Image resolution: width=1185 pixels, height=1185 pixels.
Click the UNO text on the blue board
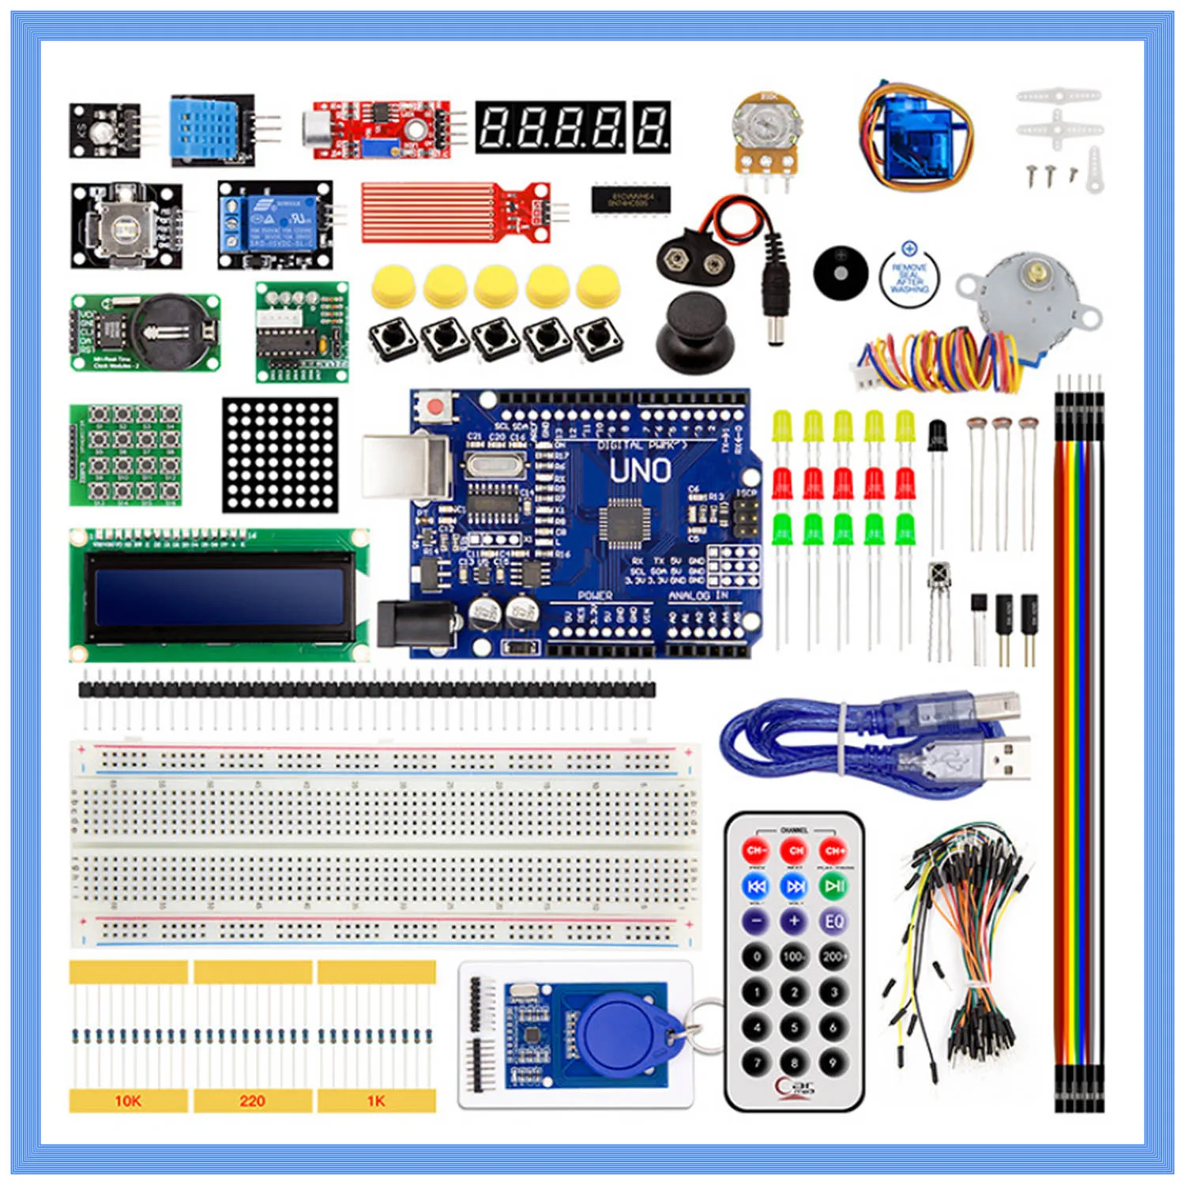pyautogui.click(x=640, y=472)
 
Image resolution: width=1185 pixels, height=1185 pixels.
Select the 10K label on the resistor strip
pyautogui.click(x=128, y=1100)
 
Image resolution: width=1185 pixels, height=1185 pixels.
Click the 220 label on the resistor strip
pyautogui.click(x=252, y=1100)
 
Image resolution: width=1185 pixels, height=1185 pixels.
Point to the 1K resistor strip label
pyautogui.click(x=376, y=1100)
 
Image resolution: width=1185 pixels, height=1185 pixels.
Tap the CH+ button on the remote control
pyautogui.click(x=833, y=851)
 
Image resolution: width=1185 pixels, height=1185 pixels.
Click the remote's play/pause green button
pyautogui.click(x=833, y=886)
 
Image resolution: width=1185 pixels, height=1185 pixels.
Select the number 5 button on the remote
pyautogui.click(x=795, y=1027)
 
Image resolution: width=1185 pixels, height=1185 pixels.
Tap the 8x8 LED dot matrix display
pyautogui.click(x=280, y=454)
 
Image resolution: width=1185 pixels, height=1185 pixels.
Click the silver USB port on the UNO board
pyautogui.click(x=403, y=466)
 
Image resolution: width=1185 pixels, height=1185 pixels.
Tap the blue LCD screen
pyautogui.click(x=219, y=596)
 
